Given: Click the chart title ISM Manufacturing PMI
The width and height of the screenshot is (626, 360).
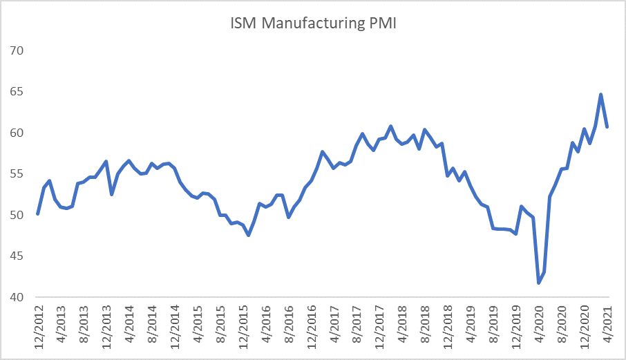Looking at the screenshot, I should [314, 24].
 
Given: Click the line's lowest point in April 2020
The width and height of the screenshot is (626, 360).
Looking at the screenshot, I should [539, 283].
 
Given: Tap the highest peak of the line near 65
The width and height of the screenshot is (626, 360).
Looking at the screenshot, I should [601, 95].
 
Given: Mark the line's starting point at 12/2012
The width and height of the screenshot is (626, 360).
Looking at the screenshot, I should [38, 214].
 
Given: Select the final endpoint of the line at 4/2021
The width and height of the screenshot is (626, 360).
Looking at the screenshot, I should [607, 126].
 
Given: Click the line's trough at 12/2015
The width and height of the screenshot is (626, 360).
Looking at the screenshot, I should [249, 236].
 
